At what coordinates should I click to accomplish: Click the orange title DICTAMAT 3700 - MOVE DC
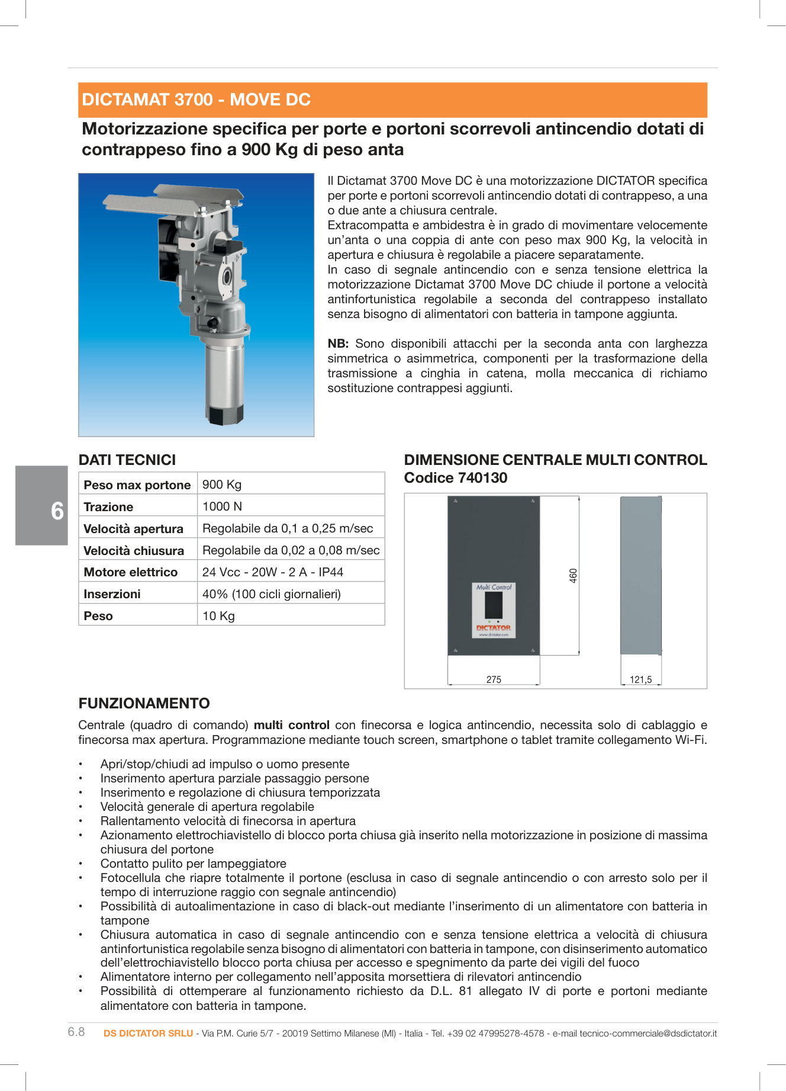pos(196,100)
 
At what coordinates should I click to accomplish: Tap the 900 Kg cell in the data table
pos(221,484)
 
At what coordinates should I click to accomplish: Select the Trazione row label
pos(108,507)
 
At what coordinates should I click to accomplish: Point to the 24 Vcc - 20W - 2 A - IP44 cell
pos(272,572)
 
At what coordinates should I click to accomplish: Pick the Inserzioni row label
pos(112,594)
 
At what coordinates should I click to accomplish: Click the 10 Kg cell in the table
pos(218,616)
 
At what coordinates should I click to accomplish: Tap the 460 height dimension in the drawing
pos(573,575)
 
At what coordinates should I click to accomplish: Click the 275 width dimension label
pos(494,679)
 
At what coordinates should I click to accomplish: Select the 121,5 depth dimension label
pos(640,679)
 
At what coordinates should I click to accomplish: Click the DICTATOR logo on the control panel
pos(493,627)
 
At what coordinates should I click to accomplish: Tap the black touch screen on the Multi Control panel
pos(493,605)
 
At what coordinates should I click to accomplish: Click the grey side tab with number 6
pos(41,505)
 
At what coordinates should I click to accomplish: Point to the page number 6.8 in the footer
pos(76,1032)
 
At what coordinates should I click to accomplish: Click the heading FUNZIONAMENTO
pos(144,703)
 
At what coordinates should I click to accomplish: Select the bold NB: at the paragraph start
pos(338,344)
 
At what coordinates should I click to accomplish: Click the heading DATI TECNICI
pos(127,460)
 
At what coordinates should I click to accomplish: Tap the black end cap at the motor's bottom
pos(226,415)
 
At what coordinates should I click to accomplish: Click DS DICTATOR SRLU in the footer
pos(148,1033)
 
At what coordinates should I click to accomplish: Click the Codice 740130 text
pos(455,477)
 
